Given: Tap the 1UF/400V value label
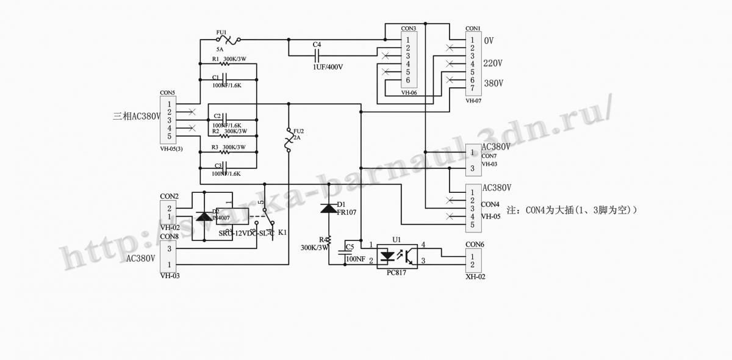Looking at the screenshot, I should coord(323,67).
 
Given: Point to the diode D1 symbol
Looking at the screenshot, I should coord(329,208).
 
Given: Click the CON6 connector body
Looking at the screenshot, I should coord(473,261).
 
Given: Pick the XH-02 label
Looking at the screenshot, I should coord(475,276).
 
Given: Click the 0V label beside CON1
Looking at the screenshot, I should coord(489,40).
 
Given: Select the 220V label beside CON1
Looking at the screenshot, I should coord(492,63).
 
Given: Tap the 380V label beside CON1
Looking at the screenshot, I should coord(492,83).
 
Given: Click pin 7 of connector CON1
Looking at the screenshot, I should coord(472,88).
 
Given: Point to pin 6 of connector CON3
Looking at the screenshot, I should coord(407,80).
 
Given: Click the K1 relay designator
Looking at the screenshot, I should coord(282,233).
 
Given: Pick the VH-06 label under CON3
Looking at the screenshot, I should coord(409,93).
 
